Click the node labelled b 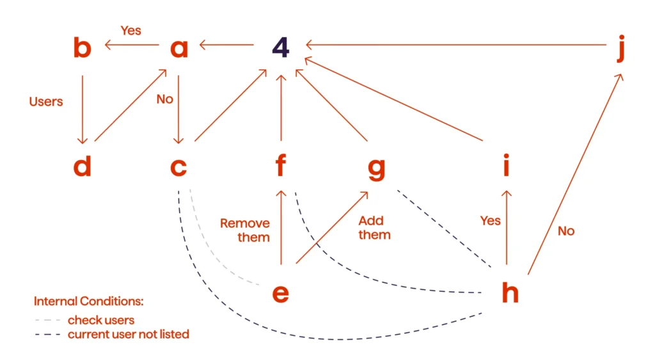pos(81,47)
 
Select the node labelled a pos(179,49)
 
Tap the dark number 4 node pos(280,47)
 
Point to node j pos(620,50)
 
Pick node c pos(178,167)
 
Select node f pos(280,166)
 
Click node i pos(507,166)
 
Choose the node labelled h pos(510,293)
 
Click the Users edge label pos(46,101)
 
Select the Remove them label pos(245,230)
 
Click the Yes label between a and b pos(130,31)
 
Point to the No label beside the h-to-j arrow pos(566,230)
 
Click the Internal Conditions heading pos(89,301)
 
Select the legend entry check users pos(101,320)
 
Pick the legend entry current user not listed pos(128,334)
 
